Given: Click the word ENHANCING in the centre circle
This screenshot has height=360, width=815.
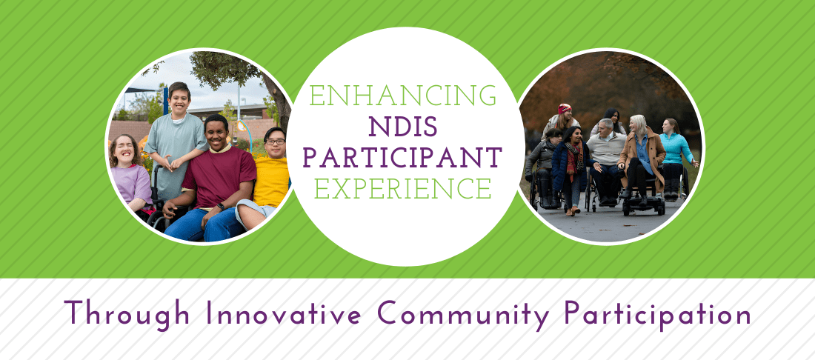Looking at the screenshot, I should tap(404, 96).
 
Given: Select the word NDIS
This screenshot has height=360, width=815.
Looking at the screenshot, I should tap(404, 127).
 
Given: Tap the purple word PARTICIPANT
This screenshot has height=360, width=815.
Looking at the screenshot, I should tap(404, 157).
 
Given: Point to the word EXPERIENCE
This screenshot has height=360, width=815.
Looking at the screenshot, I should tap(404, 187).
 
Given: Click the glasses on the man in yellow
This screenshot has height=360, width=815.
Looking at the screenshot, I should tap(275, 141).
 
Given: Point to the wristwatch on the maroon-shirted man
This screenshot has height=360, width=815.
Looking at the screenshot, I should tap(219, 207).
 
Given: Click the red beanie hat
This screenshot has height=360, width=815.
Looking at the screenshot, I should tap(565, 108).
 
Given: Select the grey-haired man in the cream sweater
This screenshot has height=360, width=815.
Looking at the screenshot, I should tap(607, 148).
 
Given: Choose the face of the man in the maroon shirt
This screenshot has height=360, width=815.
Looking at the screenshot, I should tap(216, 134).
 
